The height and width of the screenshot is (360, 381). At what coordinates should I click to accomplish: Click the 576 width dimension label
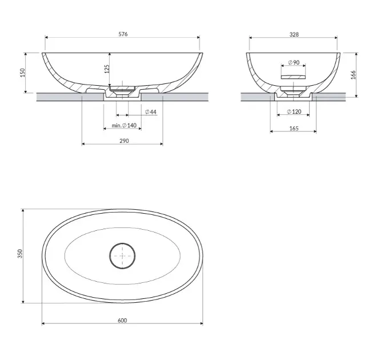123,34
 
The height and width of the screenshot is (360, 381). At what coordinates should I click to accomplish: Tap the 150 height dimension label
22,73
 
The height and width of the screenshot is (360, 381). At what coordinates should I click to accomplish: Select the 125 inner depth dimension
107,69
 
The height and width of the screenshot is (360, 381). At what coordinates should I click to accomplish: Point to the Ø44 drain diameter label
151,112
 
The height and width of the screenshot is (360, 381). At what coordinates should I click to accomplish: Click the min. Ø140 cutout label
124,126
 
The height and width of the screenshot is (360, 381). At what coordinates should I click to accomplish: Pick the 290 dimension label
124,141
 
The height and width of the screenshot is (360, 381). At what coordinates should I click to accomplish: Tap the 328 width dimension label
294,34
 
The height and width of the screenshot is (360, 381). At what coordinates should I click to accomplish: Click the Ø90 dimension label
294,62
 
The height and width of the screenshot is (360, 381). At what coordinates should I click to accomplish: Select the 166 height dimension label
353,75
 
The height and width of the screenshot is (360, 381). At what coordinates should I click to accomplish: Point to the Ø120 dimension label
294,111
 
